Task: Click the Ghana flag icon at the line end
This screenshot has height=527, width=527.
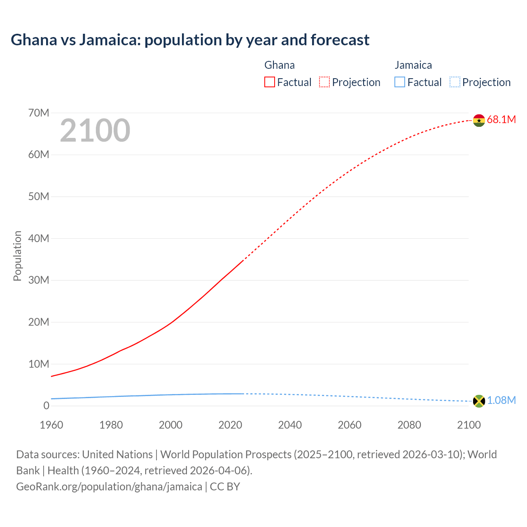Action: tap(479, 120)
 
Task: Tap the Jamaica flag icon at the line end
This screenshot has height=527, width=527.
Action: tap(479, 401)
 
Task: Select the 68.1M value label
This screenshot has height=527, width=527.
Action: tap(501, 120)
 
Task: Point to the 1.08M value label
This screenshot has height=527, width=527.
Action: tap(501, 401)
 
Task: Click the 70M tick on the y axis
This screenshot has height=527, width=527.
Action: tap(39, 113)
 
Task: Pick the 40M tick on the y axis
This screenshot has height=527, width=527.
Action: tap(39, 238)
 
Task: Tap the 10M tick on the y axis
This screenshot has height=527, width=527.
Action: tap(39, 364)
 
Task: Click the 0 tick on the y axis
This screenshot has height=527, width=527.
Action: tap(46, 406)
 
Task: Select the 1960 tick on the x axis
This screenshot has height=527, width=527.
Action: tap(51, 425)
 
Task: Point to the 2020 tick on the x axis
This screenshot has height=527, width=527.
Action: tap(230, 425)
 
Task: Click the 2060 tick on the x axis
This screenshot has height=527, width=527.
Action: tap(350, 425)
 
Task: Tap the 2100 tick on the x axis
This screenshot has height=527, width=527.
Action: tap(469, 425)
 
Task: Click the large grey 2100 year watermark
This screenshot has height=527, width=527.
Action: tap(95, 131)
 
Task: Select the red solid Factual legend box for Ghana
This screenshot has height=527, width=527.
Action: tap(269, 82)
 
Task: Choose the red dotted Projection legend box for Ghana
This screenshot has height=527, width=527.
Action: tap(324, 82)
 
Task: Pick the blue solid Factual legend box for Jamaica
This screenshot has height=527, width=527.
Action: tap(400, 82)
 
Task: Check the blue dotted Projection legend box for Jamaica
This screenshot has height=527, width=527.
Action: tap(455, 82)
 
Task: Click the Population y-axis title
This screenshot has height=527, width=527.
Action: tap(17, 256)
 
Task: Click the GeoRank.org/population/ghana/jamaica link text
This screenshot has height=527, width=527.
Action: tap(109, 487)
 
